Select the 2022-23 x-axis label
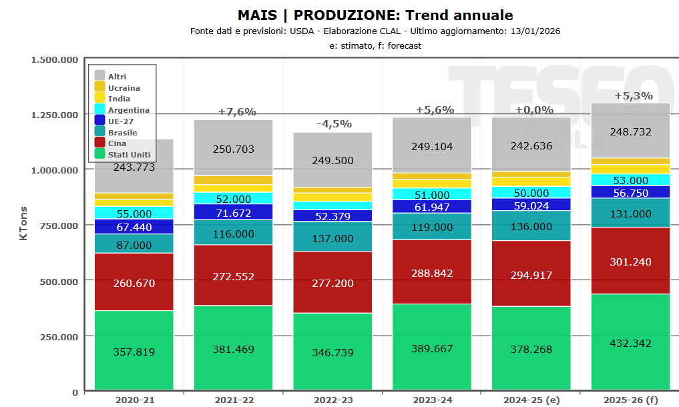[x=333, y=400]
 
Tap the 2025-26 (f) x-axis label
[x=630, y=400]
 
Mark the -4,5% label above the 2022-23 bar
[x=333, y=124]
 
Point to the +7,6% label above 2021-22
[x=237, y=112]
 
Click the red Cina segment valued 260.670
[x=134, y=283]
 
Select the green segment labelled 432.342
[x=630, y=343]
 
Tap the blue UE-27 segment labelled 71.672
[x=234, y=213]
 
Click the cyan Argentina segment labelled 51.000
[x=432, y=195]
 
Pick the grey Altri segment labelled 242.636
[x=531, y=145]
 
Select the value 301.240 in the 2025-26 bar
[x=630, y=262]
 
